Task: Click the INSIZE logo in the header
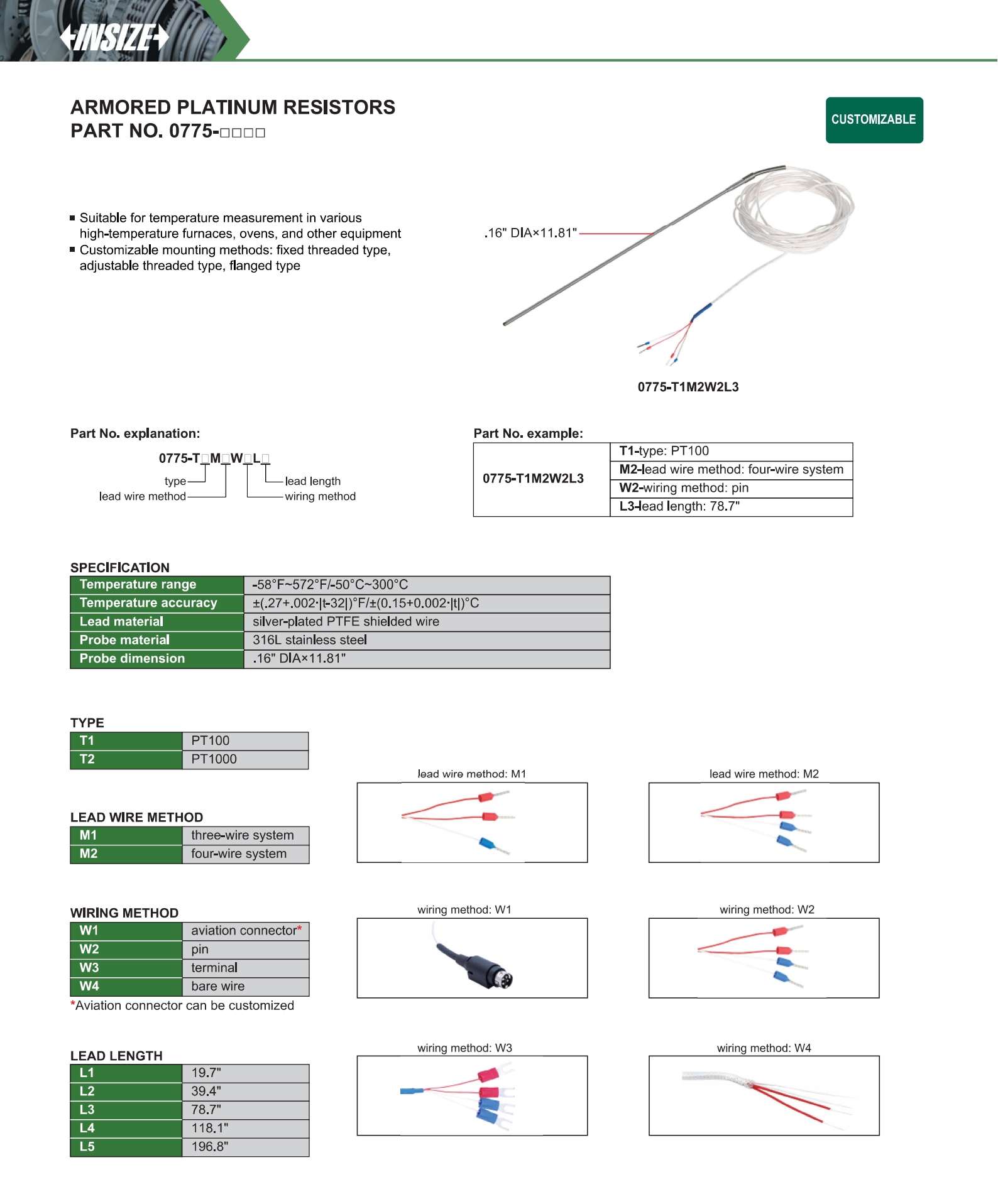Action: [114, 38]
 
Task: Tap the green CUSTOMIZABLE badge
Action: [874, 120]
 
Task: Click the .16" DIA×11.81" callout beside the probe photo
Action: [530, 233]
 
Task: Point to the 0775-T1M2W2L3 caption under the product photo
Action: [688, 387]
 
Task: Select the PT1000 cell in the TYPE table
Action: [244, 759]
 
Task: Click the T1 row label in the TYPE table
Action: [126, 741]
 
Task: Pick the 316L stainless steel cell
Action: [426, 640]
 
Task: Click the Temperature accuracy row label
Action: [156, 603]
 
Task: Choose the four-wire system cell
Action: [244, 854]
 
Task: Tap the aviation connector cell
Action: [244, 931]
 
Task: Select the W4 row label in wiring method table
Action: [126, 986]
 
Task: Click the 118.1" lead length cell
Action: [244, 1128]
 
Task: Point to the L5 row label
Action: [126, 1147]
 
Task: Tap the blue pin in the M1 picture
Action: [486, 843]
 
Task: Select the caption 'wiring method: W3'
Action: [464, 1048]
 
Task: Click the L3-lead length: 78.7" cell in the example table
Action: [730, 507]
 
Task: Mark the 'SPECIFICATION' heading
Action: [120, 568]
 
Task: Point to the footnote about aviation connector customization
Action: [182, 1005]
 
